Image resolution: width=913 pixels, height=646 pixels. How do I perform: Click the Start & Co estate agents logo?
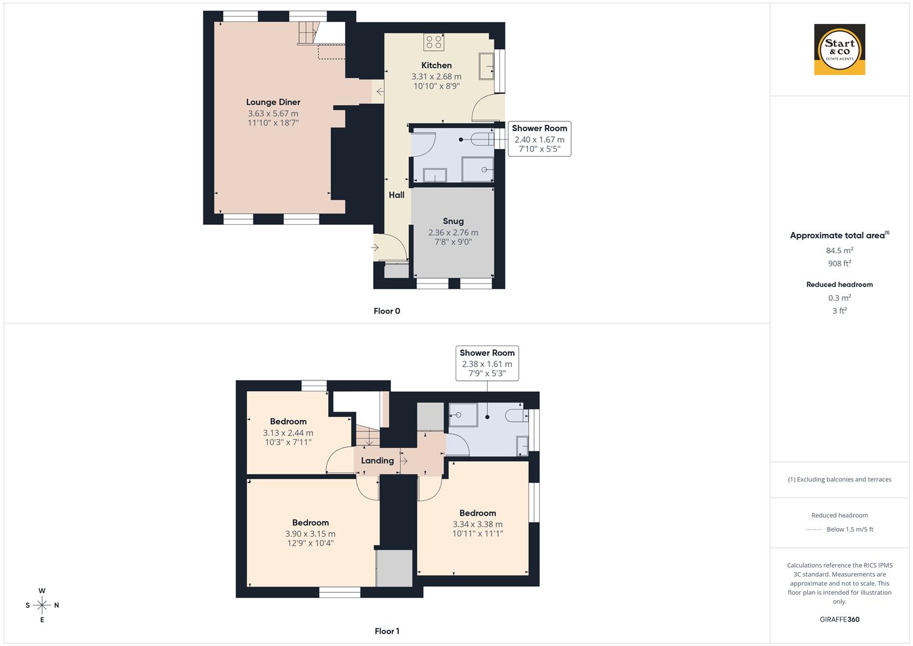pos(839,50)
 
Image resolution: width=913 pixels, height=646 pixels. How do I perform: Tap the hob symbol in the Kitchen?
pos(433,42)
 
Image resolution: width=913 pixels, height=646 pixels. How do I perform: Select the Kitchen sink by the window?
pos(486,66)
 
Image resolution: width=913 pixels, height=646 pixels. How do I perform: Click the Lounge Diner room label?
pos(273,102)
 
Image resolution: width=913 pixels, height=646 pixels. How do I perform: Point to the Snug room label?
pos(453,221)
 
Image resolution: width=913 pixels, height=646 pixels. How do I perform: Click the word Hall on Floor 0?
pos(396,195)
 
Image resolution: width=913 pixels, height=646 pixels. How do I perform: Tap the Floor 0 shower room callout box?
pos(539,139)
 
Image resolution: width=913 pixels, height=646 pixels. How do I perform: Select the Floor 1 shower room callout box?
pos(487,363)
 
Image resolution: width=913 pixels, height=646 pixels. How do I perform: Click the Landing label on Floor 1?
pos(377,461)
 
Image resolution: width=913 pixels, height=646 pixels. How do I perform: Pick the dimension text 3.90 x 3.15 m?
pos(310,534)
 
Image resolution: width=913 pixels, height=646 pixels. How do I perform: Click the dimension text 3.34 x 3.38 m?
pos(477,524)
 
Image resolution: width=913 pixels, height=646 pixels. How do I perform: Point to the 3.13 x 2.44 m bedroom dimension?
pos(288,432)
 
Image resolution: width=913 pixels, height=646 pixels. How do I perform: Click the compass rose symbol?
pos(42,605)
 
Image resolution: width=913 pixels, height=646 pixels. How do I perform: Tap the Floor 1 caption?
pos(387,631)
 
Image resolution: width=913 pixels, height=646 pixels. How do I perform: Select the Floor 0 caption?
pos(387,311)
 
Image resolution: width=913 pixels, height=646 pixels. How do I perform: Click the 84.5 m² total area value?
pos(839,251)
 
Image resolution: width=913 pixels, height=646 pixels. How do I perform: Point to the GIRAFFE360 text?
pos(839,619)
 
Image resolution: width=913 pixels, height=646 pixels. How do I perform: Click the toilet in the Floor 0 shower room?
pos(482,139)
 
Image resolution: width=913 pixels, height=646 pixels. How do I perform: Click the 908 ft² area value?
pos(839,263)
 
